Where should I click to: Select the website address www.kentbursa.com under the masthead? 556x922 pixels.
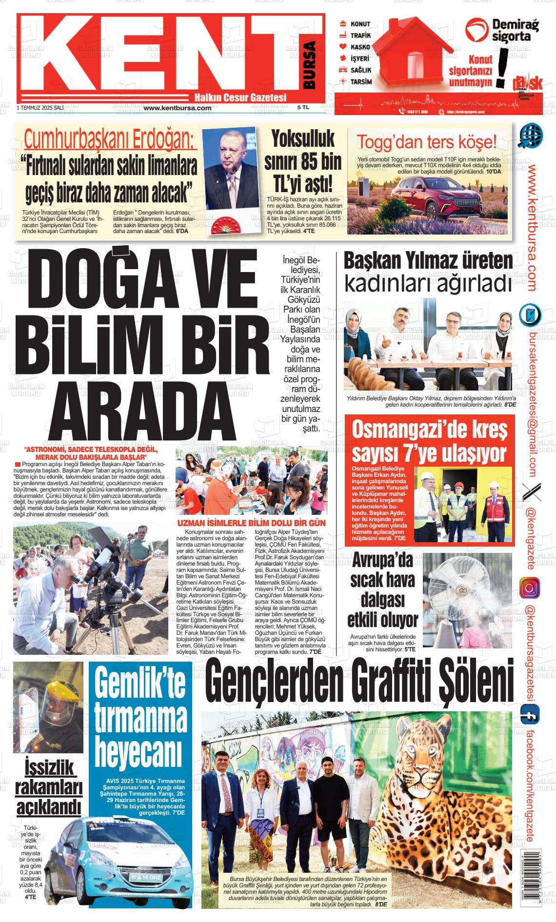178,108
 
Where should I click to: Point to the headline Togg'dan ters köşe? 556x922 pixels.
427,142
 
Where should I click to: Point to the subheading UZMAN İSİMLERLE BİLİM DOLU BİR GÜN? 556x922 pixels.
251,523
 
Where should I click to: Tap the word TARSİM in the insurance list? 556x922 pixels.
361,82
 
